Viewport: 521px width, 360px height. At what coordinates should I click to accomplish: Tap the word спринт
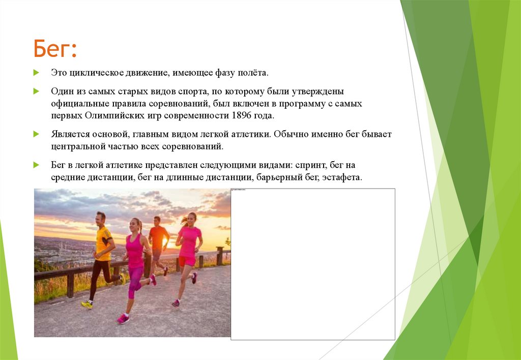(x=313, y=165)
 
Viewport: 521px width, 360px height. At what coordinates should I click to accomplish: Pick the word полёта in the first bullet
(x=250, y=73)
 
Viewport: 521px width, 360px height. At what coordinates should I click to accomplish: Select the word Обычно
(x=293, y=134)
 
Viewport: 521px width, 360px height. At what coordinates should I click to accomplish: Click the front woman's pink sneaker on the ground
(x=123, y=319)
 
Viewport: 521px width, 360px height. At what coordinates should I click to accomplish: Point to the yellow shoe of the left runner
(x=88, y=304)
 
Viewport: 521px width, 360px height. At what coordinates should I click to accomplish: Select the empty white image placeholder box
(x=313, y=264)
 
